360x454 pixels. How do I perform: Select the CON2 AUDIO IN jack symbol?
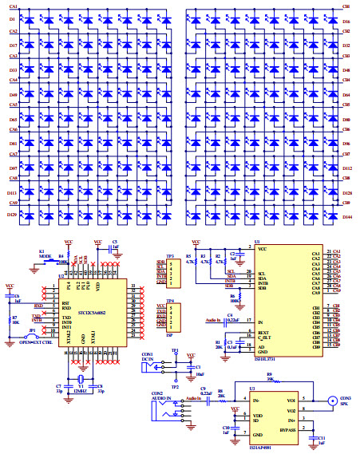click(165, 401)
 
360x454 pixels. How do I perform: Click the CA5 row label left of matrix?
click(12, 105)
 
